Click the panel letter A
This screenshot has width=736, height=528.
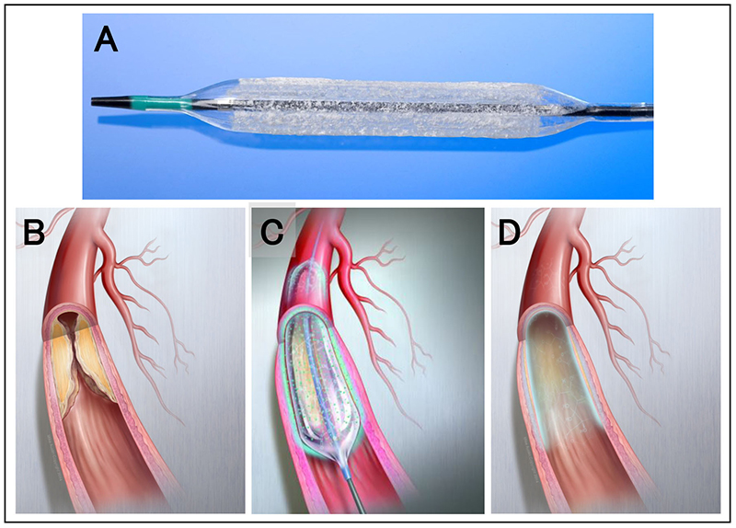(x=106, y=40)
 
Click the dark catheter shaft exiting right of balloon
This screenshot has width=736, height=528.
(x=626, y=112)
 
